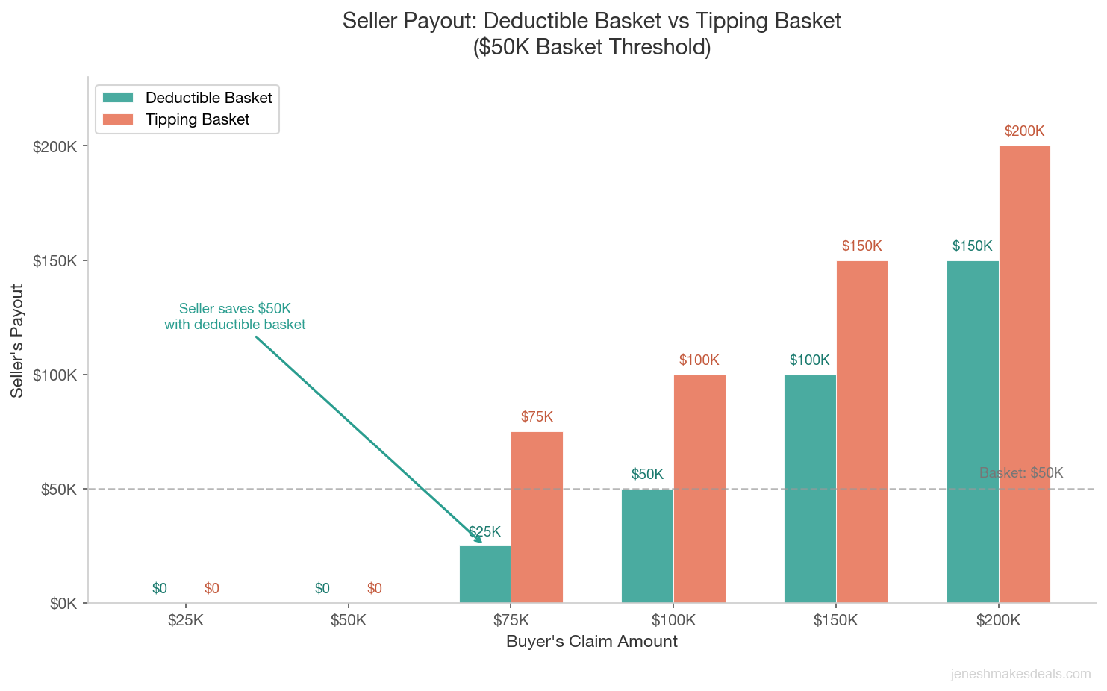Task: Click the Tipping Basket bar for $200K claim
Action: click(1024, 374)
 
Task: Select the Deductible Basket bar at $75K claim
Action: click(485, 574)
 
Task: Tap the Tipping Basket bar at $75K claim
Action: click(537, 516)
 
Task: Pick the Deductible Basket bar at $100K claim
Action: click(647, 545)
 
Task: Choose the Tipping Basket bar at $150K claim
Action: click(862, 431)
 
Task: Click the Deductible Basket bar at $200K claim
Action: click(973, 431)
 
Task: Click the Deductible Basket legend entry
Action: click(208, 98)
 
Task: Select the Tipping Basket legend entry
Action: click(197, 119)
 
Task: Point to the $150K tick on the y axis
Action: click(56, 261)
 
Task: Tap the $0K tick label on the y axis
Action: click(63, 604)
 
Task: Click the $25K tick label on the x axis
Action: click(185, 620)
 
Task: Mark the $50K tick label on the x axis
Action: click(348, 620)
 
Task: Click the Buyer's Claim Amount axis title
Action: click(591, 642)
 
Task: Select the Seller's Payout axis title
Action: click(17, 340)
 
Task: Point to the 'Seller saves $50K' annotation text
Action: click(235, 316)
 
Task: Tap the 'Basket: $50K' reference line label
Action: click(1020, 472)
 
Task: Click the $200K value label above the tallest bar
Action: click(1024, 131)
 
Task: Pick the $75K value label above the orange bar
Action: click(537, 417)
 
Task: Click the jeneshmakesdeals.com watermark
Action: click(1020, 674)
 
